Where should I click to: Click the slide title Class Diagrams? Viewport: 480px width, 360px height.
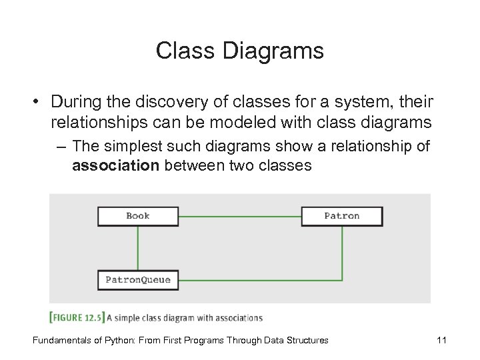tap(239, 51)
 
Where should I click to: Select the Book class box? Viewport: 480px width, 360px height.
tap(138, 216)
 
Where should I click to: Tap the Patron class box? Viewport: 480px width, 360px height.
tap(342, 216)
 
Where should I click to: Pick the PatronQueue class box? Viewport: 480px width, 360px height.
tap(138, 280)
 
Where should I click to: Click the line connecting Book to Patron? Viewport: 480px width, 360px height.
tap(240, 216)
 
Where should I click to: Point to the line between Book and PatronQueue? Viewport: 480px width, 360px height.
tap(138, 247)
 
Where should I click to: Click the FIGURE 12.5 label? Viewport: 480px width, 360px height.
tap(77, 317)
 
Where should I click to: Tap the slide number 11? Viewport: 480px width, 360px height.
tap(441, 340)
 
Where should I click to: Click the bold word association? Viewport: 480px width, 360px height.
tap(115, 165)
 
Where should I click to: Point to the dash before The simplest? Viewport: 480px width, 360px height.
tap(63, 146)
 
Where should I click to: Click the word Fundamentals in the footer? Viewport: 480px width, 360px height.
tap(58, 340)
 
